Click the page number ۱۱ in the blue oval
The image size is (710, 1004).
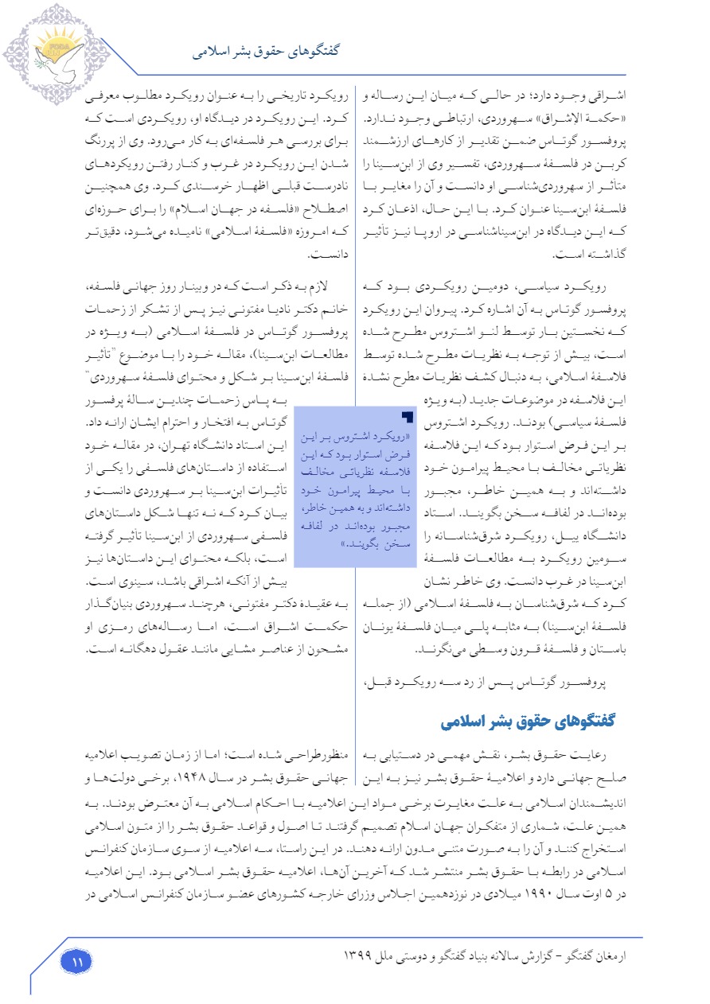point(77,962)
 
